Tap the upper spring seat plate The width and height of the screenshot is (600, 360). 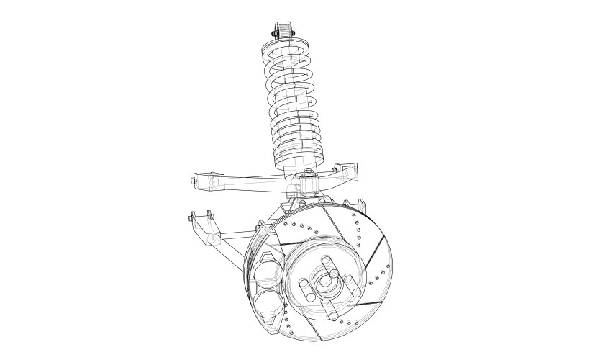tap(286, 49)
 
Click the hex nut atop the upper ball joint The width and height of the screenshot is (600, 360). tap(308, 172)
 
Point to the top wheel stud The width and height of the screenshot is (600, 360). tap(324, 263)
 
